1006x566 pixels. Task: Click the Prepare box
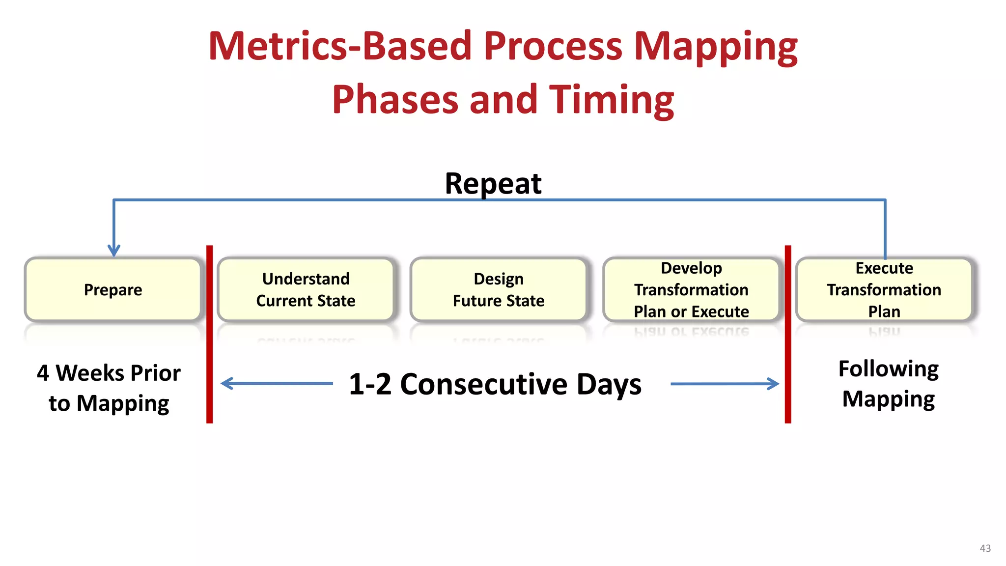pyautogui.click(x=113, y=290)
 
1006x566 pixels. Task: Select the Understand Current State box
pyautogui.click(x=306, y=290)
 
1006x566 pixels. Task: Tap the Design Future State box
pyautogui.click(x=499, y=290)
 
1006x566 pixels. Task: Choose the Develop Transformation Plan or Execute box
pyautogui.click(x=691, y=290)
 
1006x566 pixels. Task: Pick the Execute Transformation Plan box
pyautogui.click(x=884, y=290)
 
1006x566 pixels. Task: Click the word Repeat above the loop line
pyautogui.click(x=493, y=184)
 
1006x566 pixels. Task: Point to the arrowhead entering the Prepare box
pyautogui.click(x=114, y=251)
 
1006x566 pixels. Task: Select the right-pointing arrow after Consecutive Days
pyautogui.click(x=725, y=384)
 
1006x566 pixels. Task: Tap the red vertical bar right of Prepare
pyautogui.click(x=210, y=334)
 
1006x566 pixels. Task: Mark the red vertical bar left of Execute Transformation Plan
pyautogui.click(x=788, y=334)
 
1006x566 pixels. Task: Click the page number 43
pyautogui.click(x=985, y=548)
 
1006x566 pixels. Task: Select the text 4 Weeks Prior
pyautogui.click(x=109, y=373)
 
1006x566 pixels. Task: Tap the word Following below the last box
pyautogui.click(x=888, y=369)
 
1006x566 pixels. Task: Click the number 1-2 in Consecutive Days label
pyautogui.click(x=370, y=384)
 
